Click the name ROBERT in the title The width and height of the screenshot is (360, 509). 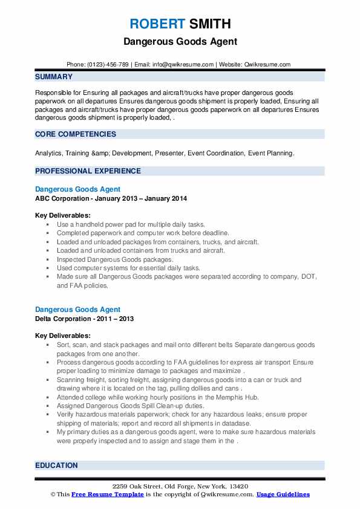point(156,24)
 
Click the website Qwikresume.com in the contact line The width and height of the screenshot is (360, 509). point(268,65)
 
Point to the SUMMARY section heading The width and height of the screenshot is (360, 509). point(54,77)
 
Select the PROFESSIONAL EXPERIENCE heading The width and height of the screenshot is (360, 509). point(88,171)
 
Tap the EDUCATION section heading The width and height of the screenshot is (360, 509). point(56,465)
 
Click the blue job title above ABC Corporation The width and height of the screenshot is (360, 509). point(77,189)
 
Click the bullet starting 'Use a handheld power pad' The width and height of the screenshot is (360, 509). point(131,224)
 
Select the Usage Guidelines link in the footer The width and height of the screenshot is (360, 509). point(283,494)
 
